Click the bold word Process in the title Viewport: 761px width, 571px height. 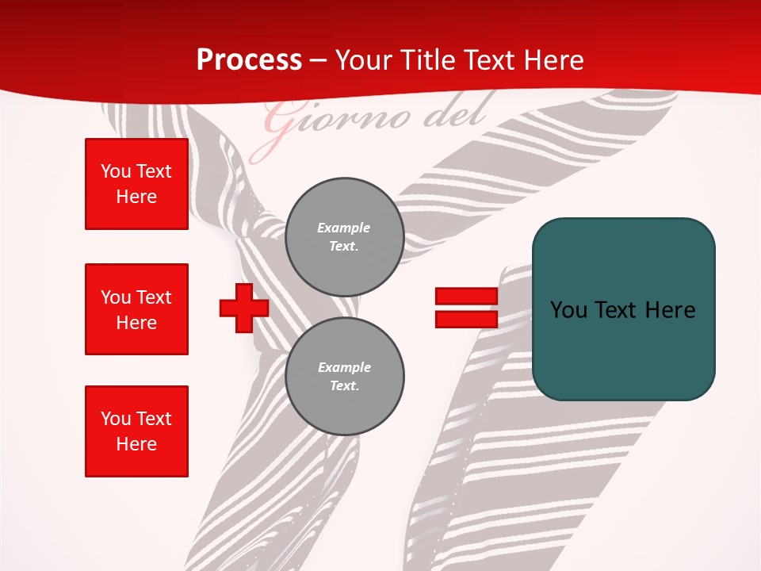click(249, 60)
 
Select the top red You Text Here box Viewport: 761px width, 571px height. click(136, 184)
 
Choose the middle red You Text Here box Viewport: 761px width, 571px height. click(136, 309)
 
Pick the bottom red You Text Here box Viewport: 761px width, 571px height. click(136, 431)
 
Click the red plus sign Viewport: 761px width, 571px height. click(243, 308)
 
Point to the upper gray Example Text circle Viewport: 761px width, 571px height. click(344, 237)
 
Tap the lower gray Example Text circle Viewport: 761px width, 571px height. click(344, 377)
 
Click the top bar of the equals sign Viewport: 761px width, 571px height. click(466, 297)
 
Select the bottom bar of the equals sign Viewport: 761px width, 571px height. click(466, 319)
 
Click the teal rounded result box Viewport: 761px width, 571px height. click(623, 309)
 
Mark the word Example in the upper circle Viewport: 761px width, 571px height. click(343, 228)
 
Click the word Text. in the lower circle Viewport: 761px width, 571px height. click(344, 386)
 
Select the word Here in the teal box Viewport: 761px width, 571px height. click(670, 310)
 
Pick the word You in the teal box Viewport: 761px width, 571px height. click(569, 310)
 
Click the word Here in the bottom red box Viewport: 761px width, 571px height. click(136, 444)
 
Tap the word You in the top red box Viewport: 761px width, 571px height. click(115, 171)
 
